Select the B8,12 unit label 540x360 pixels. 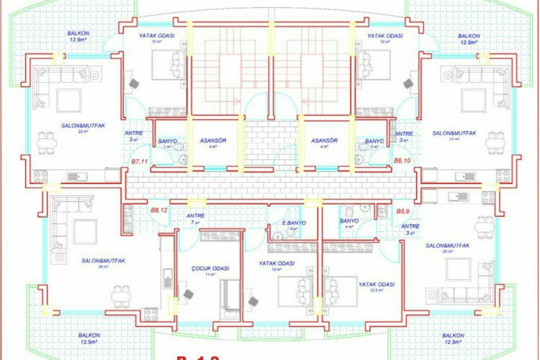coord(159,210)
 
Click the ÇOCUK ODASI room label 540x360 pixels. coord(210,268)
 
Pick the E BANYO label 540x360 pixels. coord(295,223)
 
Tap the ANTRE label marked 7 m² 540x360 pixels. coord(195,215)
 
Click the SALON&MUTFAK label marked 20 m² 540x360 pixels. coord(447,246)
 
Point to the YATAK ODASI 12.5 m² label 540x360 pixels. coord(377,284)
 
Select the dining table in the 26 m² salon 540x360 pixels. coord(121,295)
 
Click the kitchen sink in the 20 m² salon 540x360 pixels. coord(454,195)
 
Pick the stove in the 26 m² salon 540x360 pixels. coord(150,313)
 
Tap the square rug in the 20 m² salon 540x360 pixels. coord(459,269)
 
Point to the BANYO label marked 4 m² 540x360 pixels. coord(349,221)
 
